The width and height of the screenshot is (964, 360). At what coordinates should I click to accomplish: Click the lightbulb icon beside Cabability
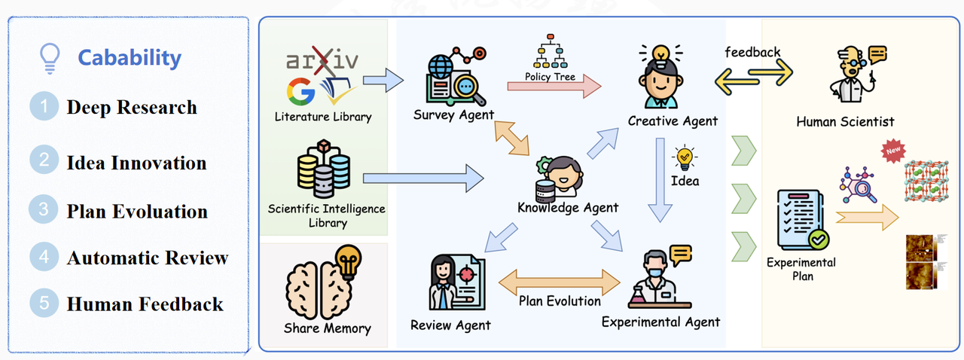pos(50,58)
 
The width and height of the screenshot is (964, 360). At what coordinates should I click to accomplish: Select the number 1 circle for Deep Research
pos(44,107)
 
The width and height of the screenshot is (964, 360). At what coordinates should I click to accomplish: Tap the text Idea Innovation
pos(136,163)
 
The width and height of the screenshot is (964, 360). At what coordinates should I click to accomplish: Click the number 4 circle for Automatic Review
pos(44,258)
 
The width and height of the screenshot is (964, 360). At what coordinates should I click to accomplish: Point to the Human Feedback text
pos(145,304)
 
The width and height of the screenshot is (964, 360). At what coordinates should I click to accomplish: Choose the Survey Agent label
pos(453,115)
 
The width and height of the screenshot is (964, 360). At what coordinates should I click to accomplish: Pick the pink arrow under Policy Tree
pos(554,87)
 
